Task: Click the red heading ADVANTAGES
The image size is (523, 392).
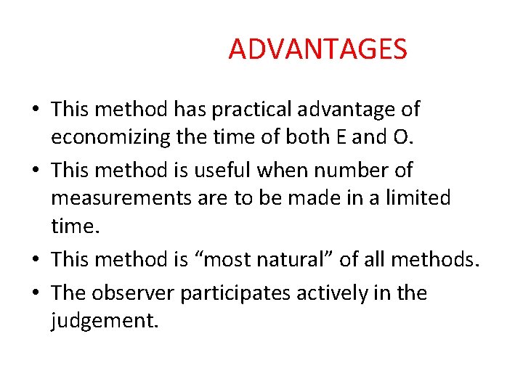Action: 317,49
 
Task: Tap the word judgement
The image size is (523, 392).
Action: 104,320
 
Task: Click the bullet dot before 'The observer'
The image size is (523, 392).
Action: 35,294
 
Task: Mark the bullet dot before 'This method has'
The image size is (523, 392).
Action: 35,110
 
